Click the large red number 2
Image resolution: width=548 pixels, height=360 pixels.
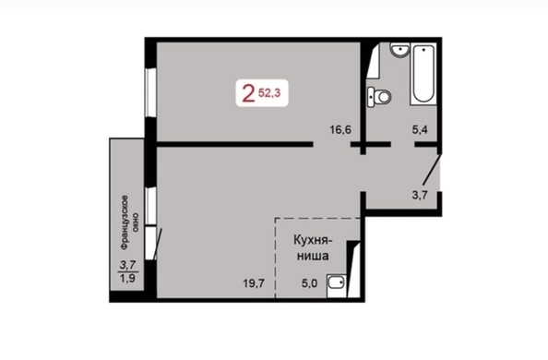click(248, 94)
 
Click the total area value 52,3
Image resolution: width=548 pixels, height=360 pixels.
click(269, 92)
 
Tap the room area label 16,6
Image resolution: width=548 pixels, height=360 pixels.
click(340, 130)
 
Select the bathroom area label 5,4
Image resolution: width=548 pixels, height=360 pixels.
click(420, 130)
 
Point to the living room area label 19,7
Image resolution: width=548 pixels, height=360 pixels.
click(254, 283)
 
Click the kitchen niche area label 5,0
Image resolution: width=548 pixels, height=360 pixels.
click(310, 283)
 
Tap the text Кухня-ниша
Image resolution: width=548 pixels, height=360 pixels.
click(313, 248)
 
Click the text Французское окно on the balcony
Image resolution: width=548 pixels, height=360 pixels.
click(128, 222)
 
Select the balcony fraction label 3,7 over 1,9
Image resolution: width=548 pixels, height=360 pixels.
click(128, 271)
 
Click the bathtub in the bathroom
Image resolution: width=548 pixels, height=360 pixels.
click(423, 74)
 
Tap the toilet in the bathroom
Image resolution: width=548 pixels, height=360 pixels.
click(379, 96)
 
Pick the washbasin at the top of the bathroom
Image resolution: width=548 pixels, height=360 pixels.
click(399, 51)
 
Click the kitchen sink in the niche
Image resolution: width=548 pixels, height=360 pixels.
click(337, 286)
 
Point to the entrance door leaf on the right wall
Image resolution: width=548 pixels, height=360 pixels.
click(431, 170)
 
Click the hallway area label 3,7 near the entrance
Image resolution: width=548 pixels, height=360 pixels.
click(420, 195)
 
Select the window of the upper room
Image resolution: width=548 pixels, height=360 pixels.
click(151, 92)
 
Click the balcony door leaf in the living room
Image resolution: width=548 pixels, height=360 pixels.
click(158, 245)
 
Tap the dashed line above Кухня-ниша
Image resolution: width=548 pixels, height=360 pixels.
click(317, 219)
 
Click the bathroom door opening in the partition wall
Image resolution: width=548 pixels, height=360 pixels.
click(402, 144)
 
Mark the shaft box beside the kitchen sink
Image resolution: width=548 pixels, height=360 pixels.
click(353, 269)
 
